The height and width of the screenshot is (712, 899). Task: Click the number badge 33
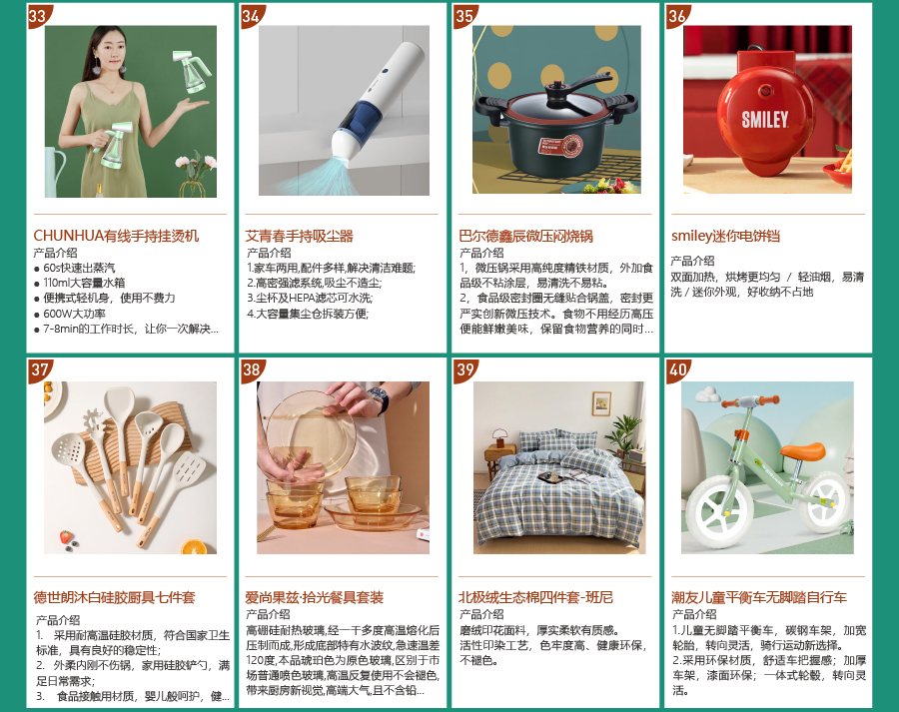click(x=38, y=15)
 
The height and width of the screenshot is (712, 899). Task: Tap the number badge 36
click(x=676, y=15)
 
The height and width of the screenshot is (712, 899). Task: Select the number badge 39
click(x=463, y=369)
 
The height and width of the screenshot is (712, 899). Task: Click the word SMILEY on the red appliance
click(x=765, y=120)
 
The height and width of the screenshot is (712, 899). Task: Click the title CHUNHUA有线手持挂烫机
click(x=116, y=236)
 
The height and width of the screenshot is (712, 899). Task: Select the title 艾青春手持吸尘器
click(x=300, y=236)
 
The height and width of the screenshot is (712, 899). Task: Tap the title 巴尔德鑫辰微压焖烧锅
click(x=525, y=236)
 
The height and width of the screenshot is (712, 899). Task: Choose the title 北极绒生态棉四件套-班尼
click(x=535, y=597)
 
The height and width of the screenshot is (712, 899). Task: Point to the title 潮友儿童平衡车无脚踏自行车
click(x=759, y=597)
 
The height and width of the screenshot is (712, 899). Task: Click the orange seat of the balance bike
click(x=803, y=451)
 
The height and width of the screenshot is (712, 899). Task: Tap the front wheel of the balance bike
click(x=719, y=512)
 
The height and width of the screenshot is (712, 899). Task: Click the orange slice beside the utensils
click(x=195, y=547)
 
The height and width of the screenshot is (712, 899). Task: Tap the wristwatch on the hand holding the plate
click(x=378, y=398)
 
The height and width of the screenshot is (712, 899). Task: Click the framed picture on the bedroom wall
click(x=601, y=403)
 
